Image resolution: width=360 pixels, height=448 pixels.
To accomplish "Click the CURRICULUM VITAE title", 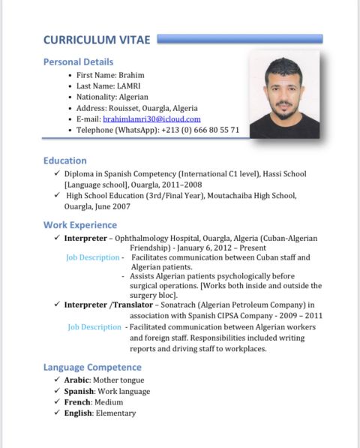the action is [97, 40].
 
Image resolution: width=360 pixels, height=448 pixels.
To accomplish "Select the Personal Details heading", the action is [78, 62].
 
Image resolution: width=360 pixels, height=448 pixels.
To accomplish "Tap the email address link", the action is [151, 119].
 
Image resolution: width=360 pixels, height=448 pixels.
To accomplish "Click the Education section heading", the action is [64, 161].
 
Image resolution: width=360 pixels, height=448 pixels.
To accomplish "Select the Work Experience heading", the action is [79, 224].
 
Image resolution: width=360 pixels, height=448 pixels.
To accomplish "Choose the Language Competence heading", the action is [92, 367].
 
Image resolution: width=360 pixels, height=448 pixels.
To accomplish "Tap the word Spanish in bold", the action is [79, 391].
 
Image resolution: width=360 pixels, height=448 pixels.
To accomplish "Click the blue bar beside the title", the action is [240, 38].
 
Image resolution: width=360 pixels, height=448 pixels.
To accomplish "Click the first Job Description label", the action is [93, 257].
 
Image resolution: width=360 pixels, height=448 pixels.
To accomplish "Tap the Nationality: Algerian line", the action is [112, 97].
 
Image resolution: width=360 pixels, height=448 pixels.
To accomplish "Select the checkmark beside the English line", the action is [57, 413].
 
